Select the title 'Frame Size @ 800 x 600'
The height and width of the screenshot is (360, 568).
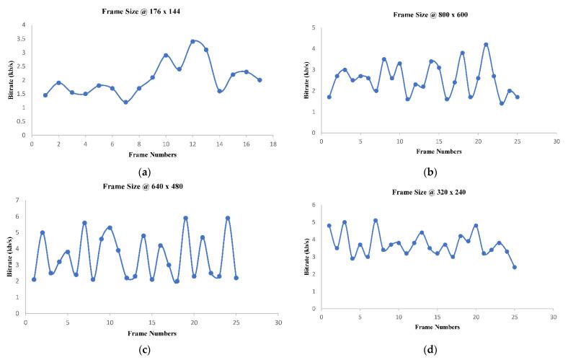pyautogui.click(x=431, y=15)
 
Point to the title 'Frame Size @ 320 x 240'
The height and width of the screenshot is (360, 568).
pyautogui.click(x=431, y=193)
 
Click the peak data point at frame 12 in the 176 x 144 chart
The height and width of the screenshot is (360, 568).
pyautogui.click(x=192, y=41)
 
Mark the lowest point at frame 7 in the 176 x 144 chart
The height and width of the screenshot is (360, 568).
pyautogui.click(x=125, y=102)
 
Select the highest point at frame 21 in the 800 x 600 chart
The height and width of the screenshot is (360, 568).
pyautogui.click(x=486, y=45)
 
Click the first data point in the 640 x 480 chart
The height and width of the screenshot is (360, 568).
pyautogui.click(x=34, y=279)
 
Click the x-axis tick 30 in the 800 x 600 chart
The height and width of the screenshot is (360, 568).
pyautogui.click(x=556, y=141)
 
